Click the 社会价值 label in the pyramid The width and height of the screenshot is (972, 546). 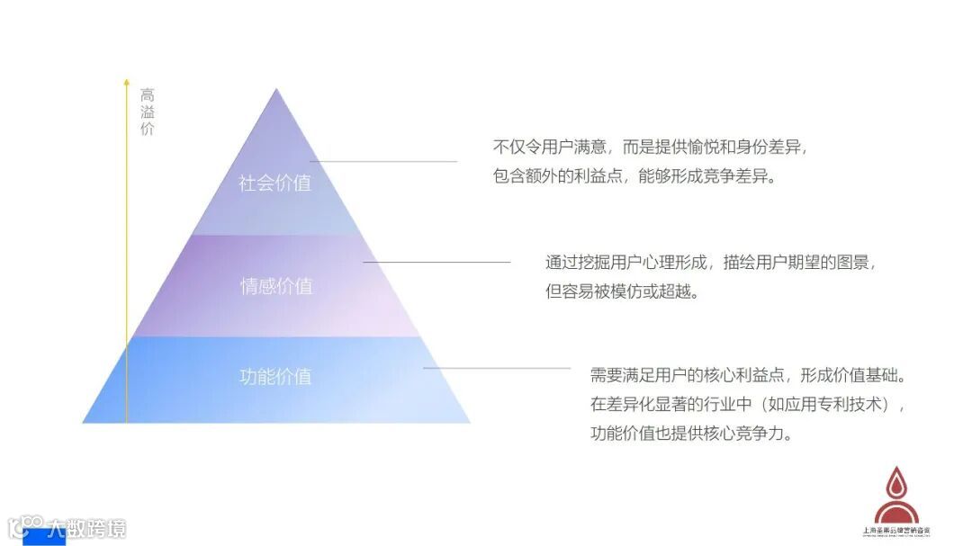[274, 183]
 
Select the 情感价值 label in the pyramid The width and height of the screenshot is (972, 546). [276, 287]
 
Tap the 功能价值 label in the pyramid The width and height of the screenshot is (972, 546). [275, 376]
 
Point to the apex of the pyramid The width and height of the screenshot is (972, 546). [276, 91]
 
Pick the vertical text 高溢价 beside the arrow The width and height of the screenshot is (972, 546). [148, 112]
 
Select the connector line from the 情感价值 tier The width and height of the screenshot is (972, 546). [436, 263]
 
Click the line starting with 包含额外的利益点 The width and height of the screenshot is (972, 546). [634, 176]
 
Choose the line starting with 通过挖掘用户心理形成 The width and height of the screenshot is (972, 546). [710, 263]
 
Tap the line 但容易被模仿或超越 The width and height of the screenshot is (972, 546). [622, 292]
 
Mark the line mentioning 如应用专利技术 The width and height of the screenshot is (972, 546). [746, 404]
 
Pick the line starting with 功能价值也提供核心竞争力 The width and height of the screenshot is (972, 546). [691, 433]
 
